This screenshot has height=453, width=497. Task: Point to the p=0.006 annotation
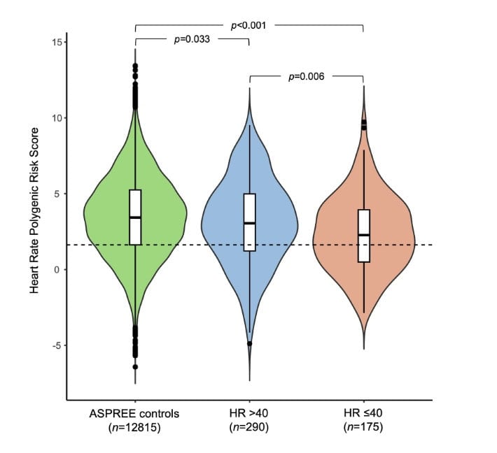tap(307, 76)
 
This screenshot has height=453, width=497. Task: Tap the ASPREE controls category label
tap(135, 414)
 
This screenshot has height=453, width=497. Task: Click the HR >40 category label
tap(250, 414)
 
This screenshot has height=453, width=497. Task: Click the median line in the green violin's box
tap(135, 217)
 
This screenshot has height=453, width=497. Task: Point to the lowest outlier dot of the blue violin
tap(250, 344)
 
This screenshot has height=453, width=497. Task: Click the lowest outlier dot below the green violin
tap(135, 366)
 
